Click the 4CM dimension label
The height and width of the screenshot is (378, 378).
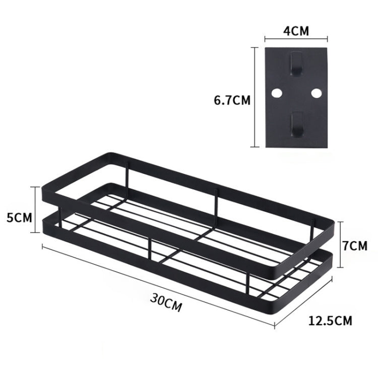(x=296, y=31)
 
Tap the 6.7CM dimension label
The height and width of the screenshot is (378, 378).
(x=232, y=100)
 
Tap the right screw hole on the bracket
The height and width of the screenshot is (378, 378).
(x=316, y=93)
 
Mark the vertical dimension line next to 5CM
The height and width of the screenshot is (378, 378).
(x=36, y=209)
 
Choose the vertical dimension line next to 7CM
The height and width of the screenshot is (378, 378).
(x=341, y=244)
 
